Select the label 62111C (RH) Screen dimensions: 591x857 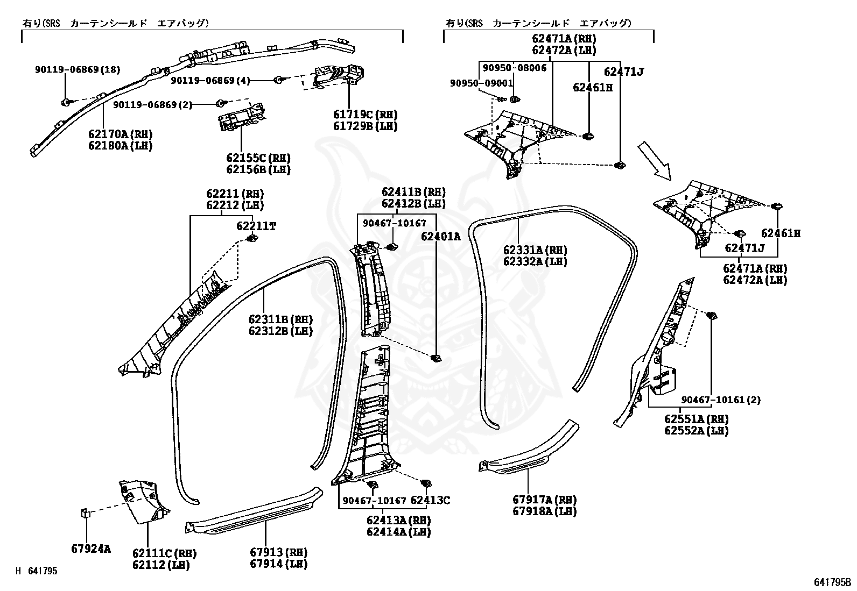point(164,553)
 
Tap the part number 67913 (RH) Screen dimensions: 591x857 point(278,552)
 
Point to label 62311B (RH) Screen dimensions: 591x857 point(280,319)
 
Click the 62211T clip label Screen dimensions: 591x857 point(256,226)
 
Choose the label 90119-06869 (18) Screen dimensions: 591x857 point(78,69)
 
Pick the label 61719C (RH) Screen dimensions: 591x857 point(365,115)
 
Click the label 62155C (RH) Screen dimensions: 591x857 point(258,158)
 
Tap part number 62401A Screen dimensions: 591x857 point(441,236)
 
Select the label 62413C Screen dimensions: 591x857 point(430,500)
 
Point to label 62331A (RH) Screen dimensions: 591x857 point(535,250)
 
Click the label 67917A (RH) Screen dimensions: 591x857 point(544,500)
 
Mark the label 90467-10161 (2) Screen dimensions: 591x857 point(721,400)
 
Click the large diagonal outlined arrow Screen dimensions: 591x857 point(655,160)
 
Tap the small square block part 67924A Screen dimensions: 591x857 point(86,512)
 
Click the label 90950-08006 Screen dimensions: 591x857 point(514,68)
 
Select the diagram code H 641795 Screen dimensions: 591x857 point(37,571)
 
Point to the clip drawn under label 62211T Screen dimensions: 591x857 point(251,239)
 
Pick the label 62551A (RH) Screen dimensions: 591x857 point(696,419)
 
